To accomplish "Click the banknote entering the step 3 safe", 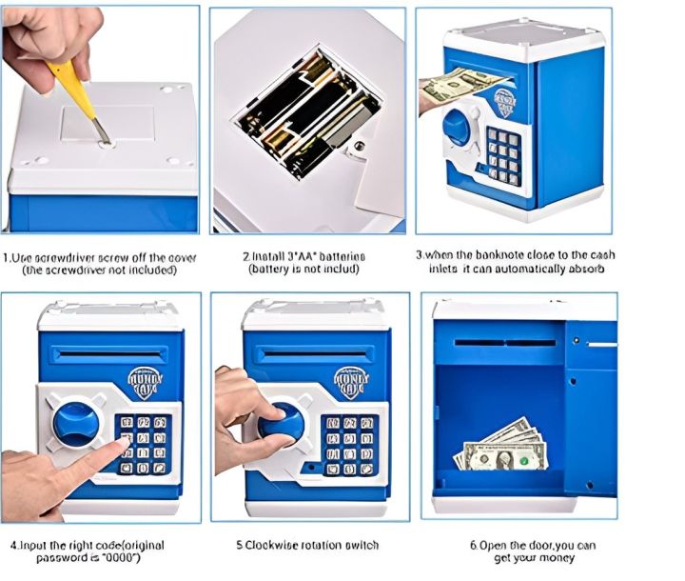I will tap(454, 87).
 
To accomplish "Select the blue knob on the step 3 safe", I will tap(460, 128).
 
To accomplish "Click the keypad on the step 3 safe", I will tap(503, 153).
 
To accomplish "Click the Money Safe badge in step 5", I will tap(351, 380).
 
